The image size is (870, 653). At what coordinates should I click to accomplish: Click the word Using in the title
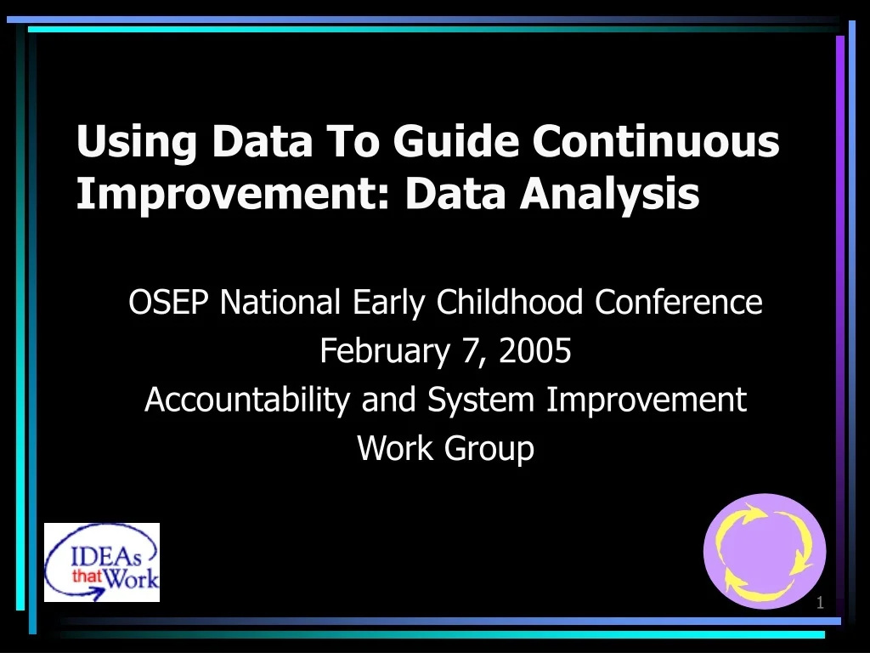137,143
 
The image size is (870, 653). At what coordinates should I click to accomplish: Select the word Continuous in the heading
656,141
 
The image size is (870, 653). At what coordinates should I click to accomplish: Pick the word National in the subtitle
281,302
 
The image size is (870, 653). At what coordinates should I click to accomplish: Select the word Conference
678,302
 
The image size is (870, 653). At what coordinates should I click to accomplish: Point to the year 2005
535,351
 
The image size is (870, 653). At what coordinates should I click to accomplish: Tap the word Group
493,448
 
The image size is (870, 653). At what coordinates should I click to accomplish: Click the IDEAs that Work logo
102,562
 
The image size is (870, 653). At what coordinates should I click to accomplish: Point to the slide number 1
820,603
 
